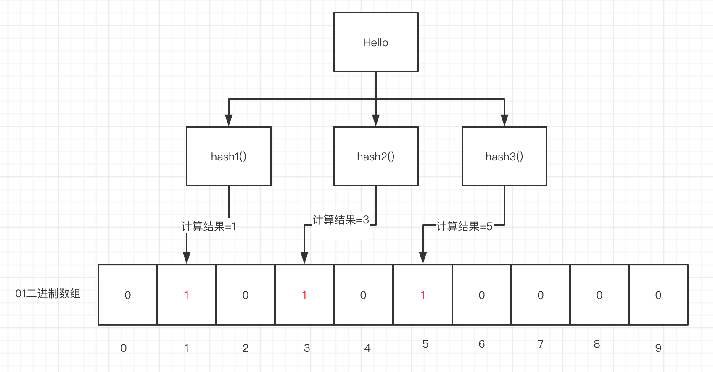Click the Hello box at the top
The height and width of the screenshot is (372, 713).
[375, 42]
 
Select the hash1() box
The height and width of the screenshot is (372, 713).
[228, 156]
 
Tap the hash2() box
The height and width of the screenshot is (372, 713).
[375, 156]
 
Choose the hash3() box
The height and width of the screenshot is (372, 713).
[504, 156]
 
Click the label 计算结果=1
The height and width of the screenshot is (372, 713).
[209, 227]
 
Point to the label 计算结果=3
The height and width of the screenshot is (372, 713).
[341, 220]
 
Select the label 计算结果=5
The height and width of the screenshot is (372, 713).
[464, 227]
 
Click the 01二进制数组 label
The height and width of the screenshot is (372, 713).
[48, 293]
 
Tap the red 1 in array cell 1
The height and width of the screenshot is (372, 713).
[187, 295]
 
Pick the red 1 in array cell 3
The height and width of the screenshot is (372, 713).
[304, 295]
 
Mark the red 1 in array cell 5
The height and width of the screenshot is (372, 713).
[423, 295]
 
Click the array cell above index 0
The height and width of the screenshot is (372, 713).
[128, 295]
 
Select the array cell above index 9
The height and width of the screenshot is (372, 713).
[658, 295]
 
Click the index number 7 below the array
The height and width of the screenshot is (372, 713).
[541, 344]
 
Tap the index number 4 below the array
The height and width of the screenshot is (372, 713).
[367, 348]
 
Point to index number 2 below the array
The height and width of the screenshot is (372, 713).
[246, 348]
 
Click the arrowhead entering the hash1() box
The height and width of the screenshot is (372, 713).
[228, 120]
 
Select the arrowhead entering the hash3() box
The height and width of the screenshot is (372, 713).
[504, 120]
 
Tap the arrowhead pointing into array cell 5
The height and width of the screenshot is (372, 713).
[423, 258]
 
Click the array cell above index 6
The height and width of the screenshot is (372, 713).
[482, 295]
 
